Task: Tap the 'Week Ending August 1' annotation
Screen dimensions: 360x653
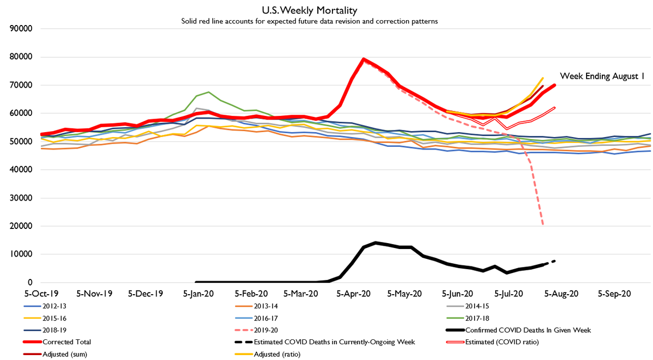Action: pyautogui.click(x=602, y=77)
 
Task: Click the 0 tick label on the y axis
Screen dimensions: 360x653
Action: pyautogui.click(x=33, y=282)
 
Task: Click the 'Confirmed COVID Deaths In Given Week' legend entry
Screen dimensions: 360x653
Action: pyautogui.click(x=528, y=330)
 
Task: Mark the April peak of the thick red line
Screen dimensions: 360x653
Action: pyautogui.click(x=364, y=59)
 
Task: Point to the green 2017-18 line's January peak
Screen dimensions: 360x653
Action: pyautogui.click(x=209, y=92)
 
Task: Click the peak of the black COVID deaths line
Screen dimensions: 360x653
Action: pyautogui.click(x=375, y=243)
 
